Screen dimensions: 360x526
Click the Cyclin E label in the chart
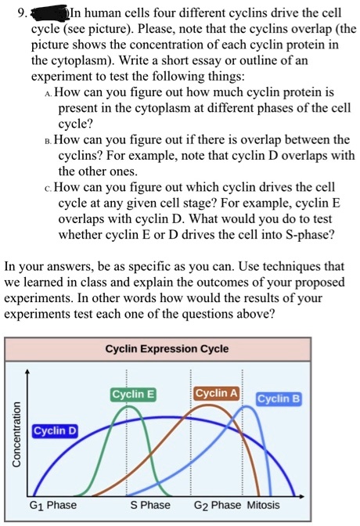coord(133,394)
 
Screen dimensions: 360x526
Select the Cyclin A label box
coord(217,393)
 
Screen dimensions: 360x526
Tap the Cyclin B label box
coord(279,399)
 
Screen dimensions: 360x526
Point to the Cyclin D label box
coord(55,431)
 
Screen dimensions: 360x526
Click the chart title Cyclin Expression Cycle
coord(167,349)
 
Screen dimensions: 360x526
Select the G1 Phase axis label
coord(53,505)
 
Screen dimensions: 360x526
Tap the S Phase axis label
coord(150,505)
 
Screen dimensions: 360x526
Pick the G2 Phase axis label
coord(218,505)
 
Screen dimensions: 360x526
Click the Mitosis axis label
coord(264,505)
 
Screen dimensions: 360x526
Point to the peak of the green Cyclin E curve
coord(127,406)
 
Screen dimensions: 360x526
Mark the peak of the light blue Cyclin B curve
coord(247,406)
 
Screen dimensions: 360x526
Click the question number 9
coord(23,13)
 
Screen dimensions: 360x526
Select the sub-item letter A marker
coord(49,93)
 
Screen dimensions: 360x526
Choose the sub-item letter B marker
coord(49,141)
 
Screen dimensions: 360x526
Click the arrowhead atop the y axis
coord(28,371)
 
